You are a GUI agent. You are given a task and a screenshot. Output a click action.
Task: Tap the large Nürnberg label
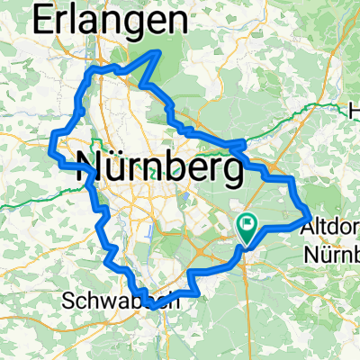click(x=162, y=166)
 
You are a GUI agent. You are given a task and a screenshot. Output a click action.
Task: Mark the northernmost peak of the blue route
click(x=161, y=52)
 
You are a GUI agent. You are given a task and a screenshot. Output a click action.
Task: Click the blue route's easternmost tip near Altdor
click(x=311, y=216)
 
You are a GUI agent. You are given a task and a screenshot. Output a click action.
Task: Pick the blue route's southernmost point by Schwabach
click(x=155, y=306)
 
